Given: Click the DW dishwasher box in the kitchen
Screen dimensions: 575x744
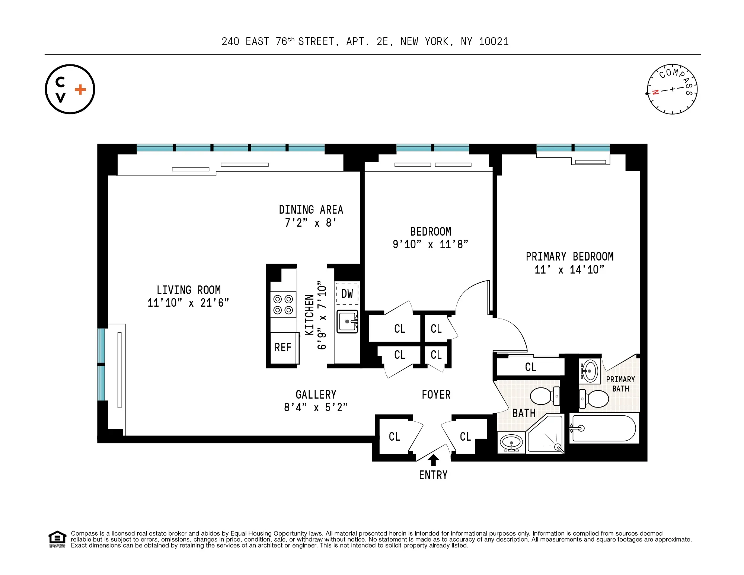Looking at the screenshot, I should pyautogui.click(x=347, y=294).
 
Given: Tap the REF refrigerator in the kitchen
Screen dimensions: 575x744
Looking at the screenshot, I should pyautogui.click(x=283, y=348).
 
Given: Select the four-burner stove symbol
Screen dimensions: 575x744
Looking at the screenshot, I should pyautogui.click(x=283, y=305).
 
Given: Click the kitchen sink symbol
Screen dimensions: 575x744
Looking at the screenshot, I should pyautogui.click(x=347, y=322).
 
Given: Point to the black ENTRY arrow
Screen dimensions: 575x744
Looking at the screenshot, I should pyautogui.click(x=433, y=460).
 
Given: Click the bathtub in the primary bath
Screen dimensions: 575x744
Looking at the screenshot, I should pyautogui.click(x=603, y=428).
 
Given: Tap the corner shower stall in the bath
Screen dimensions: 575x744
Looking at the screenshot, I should pyautogui.click(x=545, y=435).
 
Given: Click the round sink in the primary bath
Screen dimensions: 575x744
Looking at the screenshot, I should pyautogui.click(x=590, y=371).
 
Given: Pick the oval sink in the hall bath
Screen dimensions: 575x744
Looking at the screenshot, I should pyautogui.click(x=511, y=443).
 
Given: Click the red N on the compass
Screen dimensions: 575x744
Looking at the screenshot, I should pyautogui.click(x=656, y=92).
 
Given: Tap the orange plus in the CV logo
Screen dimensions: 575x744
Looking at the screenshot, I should pyautogui.click(x=80, y=89).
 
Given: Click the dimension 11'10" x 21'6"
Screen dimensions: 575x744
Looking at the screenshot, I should pyautogui.click(x=188, y=303).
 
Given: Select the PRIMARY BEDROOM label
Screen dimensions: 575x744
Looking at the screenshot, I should pyautogui.click(x=569, y=256).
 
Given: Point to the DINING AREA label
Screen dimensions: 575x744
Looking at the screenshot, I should pyautogui.click(x=311, y=210).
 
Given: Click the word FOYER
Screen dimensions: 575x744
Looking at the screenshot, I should pyautogui.click(x=436, y=394).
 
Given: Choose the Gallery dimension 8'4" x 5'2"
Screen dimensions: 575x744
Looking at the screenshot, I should pyautogui.click(x=316, y=408).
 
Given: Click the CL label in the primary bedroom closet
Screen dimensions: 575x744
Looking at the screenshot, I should pyautogui.click(x=530, y=367).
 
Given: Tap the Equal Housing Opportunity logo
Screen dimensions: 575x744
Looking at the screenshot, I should pyautogui.click(x=57, y=539).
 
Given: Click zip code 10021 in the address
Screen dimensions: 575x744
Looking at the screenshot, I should pyautogui.click(x=494, y=42).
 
